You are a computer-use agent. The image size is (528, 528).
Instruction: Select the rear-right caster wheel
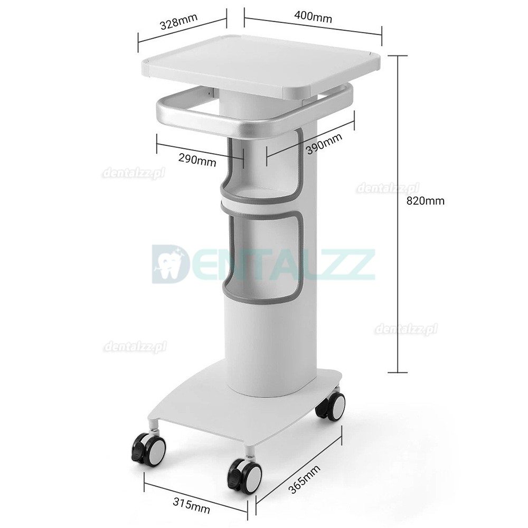[332, 404]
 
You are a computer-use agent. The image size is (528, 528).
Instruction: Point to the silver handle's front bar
[227, 124]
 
